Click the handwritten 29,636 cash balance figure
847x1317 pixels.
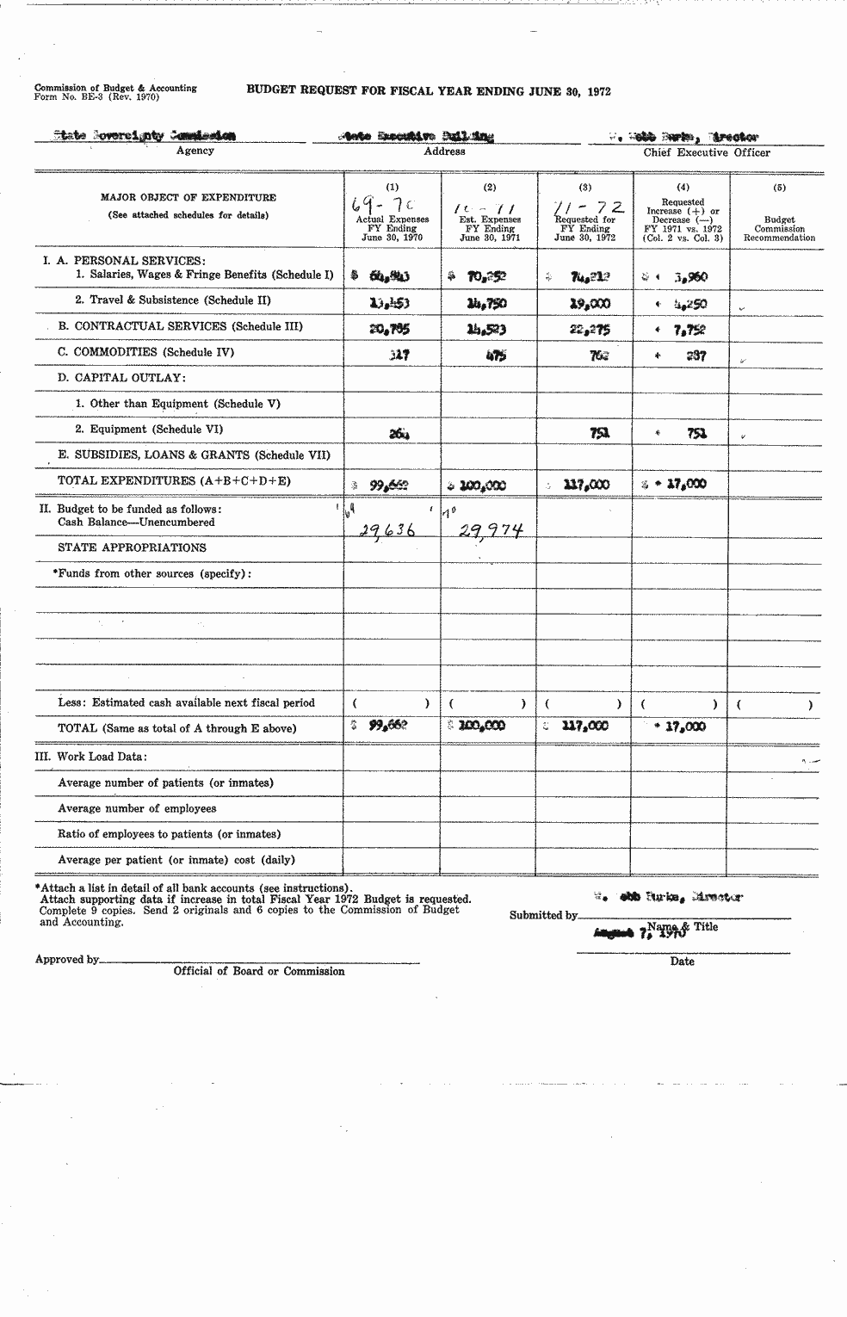pos(386,532)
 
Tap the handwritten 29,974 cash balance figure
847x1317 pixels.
pos(491,532)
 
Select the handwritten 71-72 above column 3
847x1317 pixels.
pos(588,207)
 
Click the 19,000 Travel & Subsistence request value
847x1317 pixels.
pos(590,303)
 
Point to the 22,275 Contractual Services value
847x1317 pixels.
pos(590,329)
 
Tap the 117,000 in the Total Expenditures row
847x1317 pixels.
pos(586,485)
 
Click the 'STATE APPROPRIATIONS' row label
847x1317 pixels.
pos(132,547)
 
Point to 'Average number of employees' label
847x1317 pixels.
pos(137,808)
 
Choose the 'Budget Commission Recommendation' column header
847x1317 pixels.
pos(779,229)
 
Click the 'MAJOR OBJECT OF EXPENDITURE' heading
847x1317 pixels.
pos(189,197)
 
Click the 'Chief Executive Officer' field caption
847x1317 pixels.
pos(707,152)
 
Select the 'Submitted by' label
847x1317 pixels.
pos(542,915)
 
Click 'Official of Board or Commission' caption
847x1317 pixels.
pos(259,971)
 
